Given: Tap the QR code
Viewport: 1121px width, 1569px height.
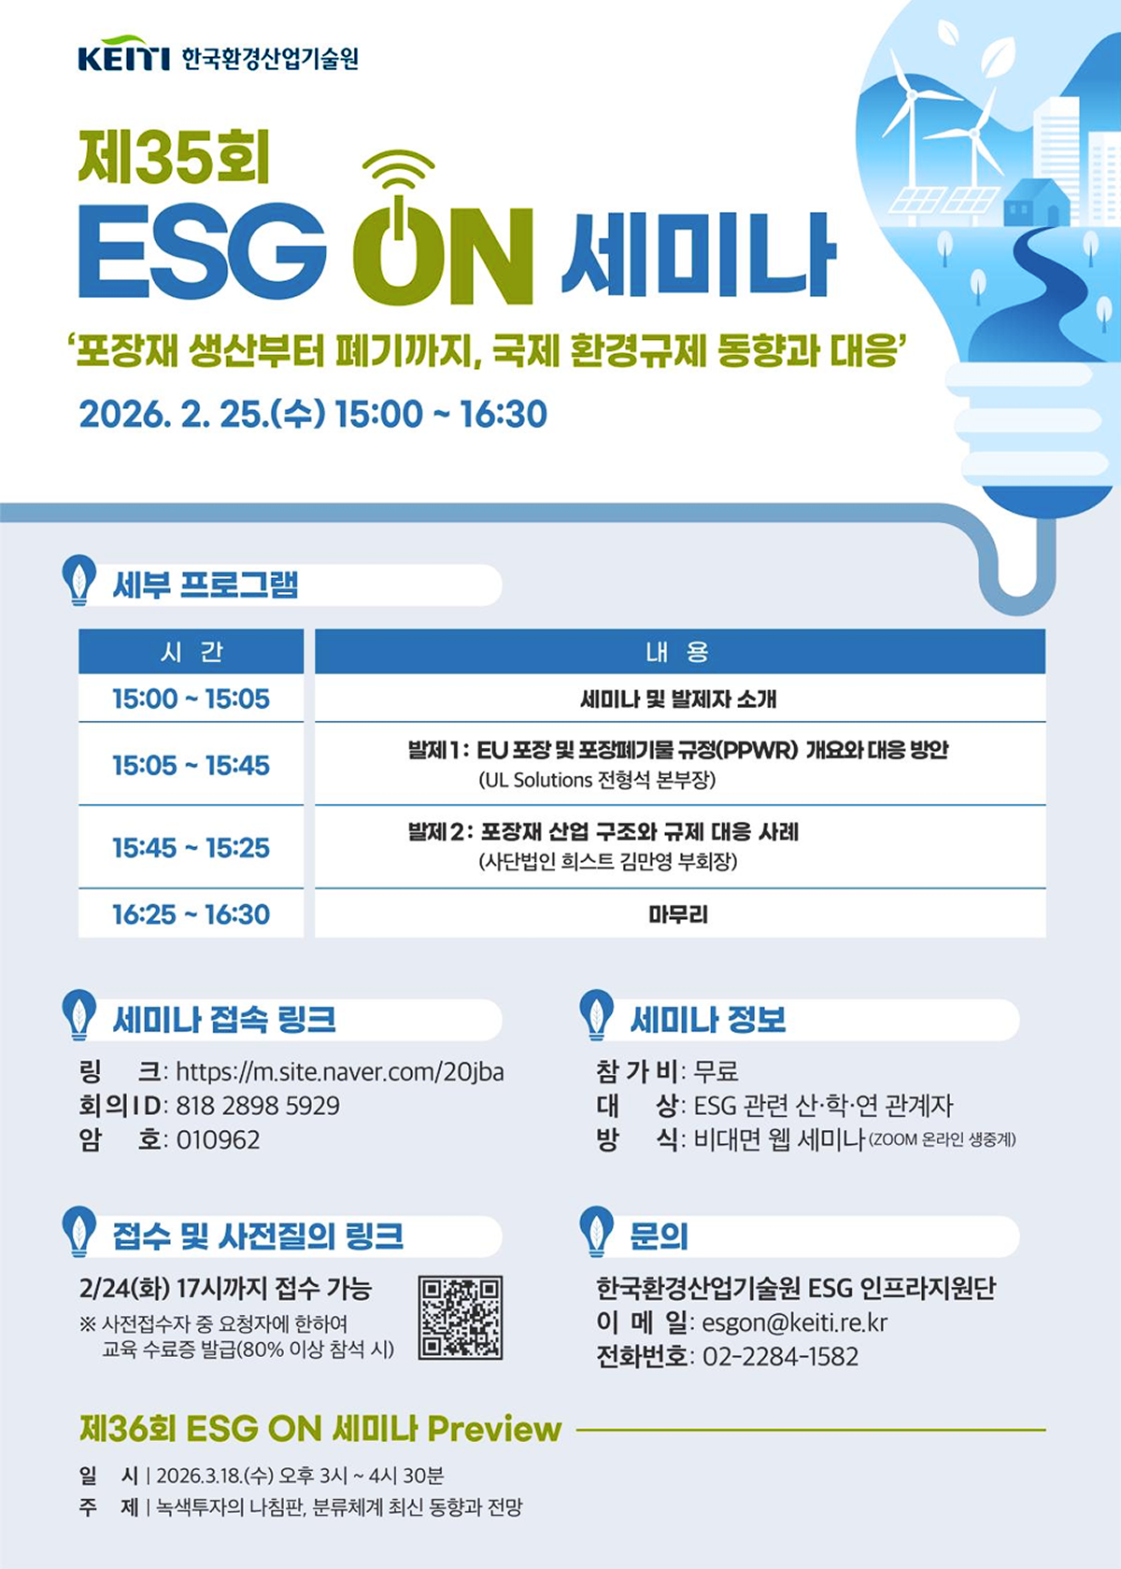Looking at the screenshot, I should [461, 1317].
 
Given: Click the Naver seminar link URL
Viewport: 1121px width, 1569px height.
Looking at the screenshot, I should [340, 1071].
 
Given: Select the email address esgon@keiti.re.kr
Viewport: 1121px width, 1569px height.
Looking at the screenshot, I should [794, 1322].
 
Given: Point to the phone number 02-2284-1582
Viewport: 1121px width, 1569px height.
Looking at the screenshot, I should [780, 1356].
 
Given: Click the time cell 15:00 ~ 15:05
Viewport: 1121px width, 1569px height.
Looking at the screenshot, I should [191, 699].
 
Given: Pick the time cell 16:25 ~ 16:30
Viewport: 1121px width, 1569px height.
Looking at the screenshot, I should [191, 914].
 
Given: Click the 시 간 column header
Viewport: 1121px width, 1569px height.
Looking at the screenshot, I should [191, 652].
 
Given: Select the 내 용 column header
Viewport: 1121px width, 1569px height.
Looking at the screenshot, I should [679, 652].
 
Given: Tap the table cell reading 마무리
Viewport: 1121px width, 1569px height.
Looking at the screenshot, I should [679, 914].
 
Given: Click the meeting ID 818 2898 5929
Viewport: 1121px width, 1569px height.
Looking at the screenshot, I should [258, 1106].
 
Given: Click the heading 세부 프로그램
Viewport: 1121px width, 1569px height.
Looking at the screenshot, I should [206, 586].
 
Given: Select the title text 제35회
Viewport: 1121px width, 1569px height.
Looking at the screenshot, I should [175, 156].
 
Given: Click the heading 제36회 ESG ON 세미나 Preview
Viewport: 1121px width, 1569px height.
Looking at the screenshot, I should [320, 1429].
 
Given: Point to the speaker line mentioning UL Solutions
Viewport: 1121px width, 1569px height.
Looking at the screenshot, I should [597, 780].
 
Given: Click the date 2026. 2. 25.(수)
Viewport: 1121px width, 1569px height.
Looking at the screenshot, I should [202, 414].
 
